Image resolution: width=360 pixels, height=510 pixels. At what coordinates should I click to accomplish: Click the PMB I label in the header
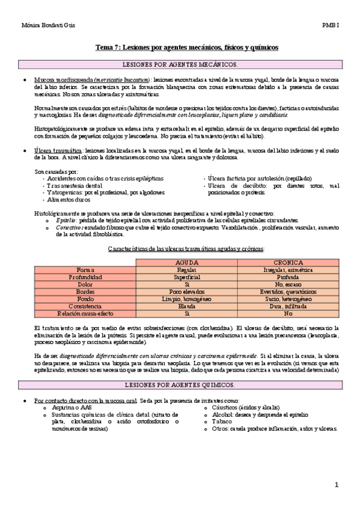[330, 25]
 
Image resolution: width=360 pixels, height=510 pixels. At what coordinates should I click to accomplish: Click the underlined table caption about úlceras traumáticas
[186, 249]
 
